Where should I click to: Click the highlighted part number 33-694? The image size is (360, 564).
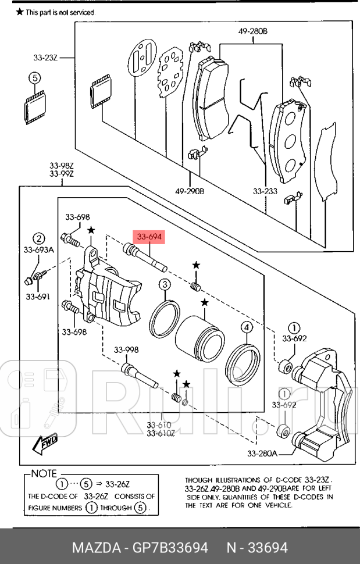[x=149, y=237]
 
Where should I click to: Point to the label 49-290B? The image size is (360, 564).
[x=190, y=190]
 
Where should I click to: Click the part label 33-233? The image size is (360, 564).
[x=265, y=190]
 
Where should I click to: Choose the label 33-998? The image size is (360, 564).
[x=126, y=350]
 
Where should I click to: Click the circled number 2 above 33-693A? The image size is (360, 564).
[x=38, y=238]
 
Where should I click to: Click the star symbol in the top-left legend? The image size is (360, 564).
[x=20, y=12]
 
